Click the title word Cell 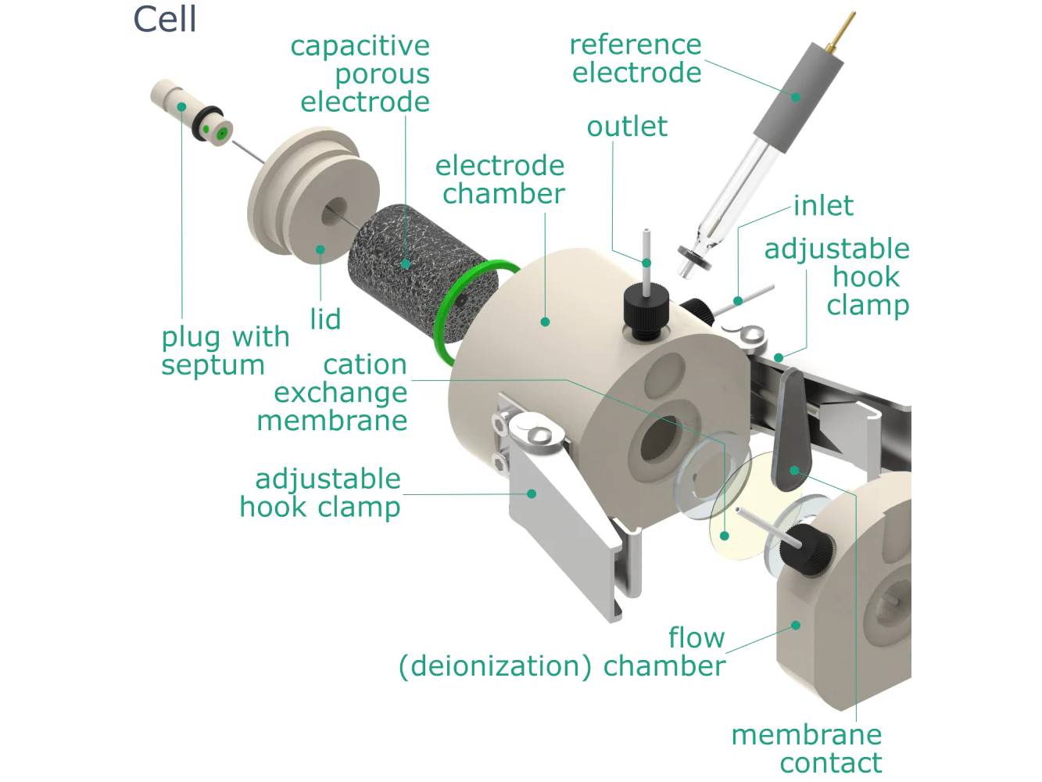click(164, 20)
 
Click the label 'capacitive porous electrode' click(363, 74)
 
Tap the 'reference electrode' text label click(636, 59)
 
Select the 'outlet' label click(627, 127)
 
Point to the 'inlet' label click(822, 206)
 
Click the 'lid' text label click(325, 319)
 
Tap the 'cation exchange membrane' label click(340, 393)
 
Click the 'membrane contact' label click(807, 748)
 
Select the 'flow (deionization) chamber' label click(563, 652)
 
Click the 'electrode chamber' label click(500, 180)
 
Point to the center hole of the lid click(335, 209)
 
